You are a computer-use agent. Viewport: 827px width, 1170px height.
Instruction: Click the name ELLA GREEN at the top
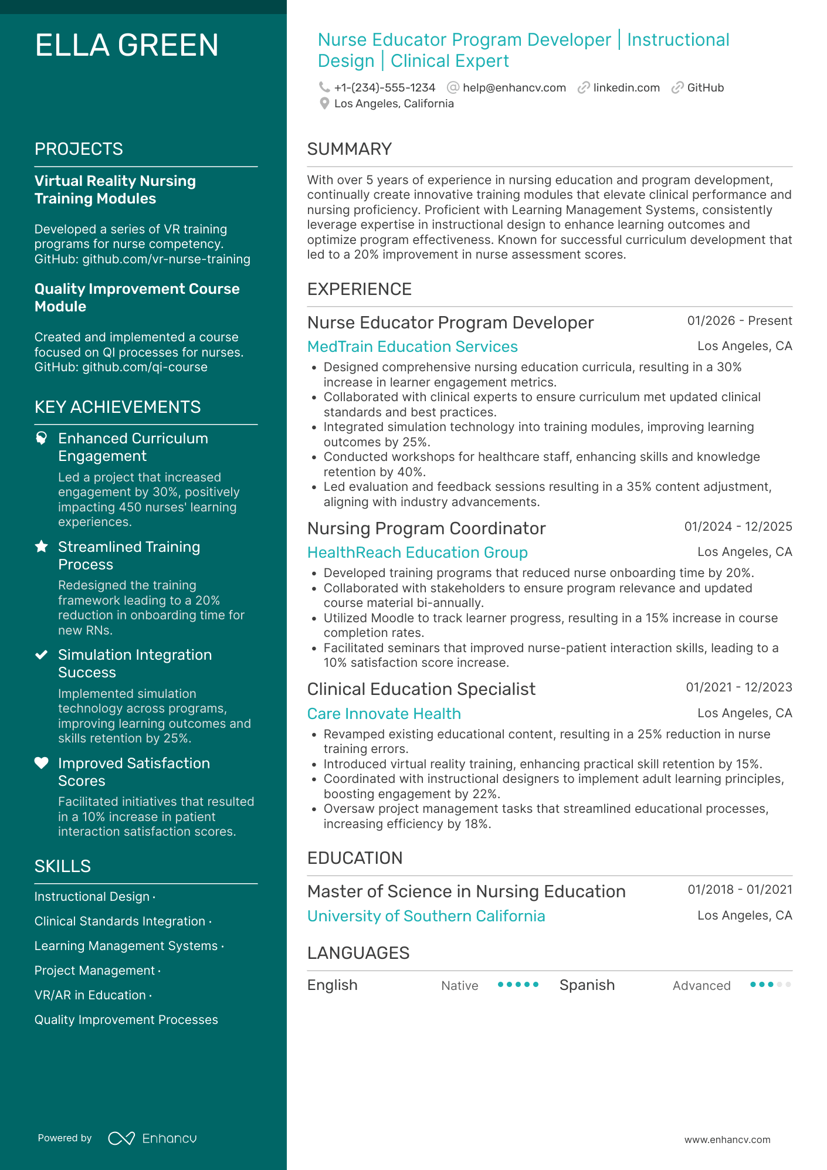pos(127,46)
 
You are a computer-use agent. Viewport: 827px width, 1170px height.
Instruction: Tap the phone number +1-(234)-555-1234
pos(384,88)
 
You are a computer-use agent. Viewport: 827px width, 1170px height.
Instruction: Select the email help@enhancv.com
pos(514,88)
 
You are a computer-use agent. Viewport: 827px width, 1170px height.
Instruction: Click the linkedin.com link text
pos(626,88)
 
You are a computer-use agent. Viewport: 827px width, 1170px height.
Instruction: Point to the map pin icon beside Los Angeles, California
pos(324,104)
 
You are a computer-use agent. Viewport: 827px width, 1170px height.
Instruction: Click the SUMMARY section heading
pos(349,149)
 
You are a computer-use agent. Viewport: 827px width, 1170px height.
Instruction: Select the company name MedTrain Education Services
pos(412,347)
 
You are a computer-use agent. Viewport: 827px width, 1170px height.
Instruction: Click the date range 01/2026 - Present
pos(739,321)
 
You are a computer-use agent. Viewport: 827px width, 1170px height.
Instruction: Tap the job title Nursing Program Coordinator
pos(426,528)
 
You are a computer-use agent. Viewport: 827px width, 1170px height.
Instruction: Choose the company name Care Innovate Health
pos(384,714)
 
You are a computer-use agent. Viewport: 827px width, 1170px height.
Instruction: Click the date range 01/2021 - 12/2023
pos(738,687)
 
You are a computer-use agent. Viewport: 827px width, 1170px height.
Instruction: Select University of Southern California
pos(426,916)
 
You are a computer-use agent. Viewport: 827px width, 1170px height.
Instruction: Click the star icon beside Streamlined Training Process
pos(41,547)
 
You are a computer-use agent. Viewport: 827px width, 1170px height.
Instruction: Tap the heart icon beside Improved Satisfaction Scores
pos(41,763)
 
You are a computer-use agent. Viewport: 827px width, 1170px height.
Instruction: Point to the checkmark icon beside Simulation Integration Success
pos(41,655)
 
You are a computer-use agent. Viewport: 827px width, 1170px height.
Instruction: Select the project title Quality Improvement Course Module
pos(137,297)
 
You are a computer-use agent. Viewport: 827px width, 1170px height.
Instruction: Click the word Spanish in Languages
pos(587,985)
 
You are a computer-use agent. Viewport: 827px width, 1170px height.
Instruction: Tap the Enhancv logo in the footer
pos(152,1138)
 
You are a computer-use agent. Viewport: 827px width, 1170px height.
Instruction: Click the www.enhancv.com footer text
pos(727,1140)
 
